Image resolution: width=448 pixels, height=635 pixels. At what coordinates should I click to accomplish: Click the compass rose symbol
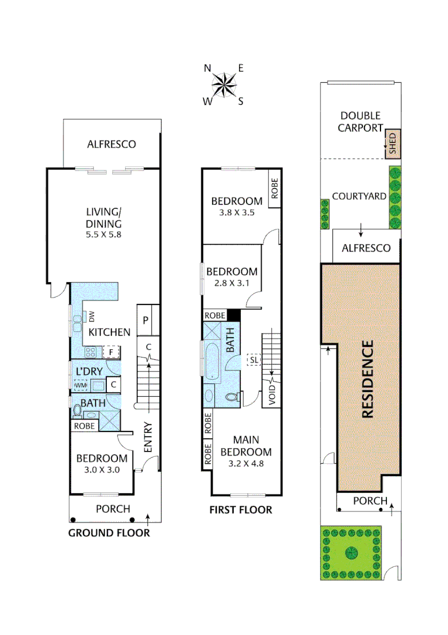pos(224,85)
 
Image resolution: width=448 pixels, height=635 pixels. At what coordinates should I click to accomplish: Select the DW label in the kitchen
pos(92,317)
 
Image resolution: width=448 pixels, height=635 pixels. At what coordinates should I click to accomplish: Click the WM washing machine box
pos(80,385)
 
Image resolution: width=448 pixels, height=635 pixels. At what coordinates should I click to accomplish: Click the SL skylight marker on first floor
pos(254,360)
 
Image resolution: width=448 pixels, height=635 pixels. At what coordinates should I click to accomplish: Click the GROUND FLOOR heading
pos(109,533)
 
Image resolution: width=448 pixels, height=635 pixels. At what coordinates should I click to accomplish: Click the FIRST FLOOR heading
pos(241,510)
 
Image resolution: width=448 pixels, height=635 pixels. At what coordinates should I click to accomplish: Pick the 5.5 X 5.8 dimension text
pos(103,234)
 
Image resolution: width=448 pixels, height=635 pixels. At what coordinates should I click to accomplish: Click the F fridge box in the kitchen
pos(110,352)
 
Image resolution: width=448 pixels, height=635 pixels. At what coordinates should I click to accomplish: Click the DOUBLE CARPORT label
pos(360,122)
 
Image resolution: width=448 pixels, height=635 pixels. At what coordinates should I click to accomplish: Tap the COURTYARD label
pos(359,196)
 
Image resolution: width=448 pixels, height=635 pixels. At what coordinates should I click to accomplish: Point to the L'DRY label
pos(89,371)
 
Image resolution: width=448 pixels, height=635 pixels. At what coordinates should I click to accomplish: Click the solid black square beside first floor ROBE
pos(234,315)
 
